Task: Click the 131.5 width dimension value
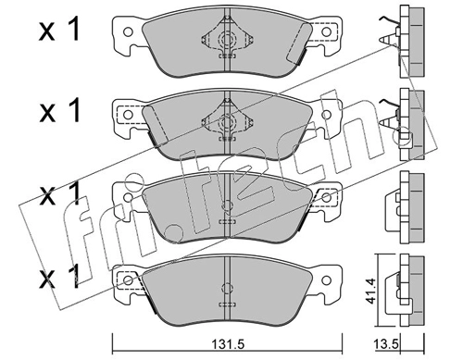pos(228,343)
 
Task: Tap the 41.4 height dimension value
pos(369,291)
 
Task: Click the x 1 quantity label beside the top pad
pos(59,30)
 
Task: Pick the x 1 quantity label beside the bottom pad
pos(59,278)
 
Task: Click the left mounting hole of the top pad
pos(128,31)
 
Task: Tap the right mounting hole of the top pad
pos(326,31)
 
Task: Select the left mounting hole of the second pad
pos(128,115)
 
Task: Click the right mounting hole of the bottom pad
pos(326,280)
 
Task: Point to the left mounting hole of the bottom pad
pos(128,280)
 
